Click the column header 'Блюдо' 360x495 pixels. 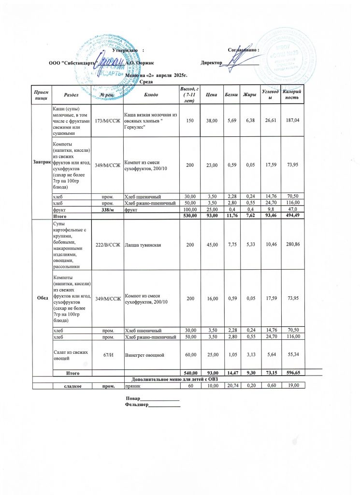coord(150,93)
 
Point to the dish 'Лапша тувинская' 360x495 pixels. coord(144,245)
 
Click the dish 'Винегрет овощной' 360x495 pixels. coord(146,355)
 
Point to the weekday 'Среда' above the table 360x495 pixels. coord(145,82)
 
